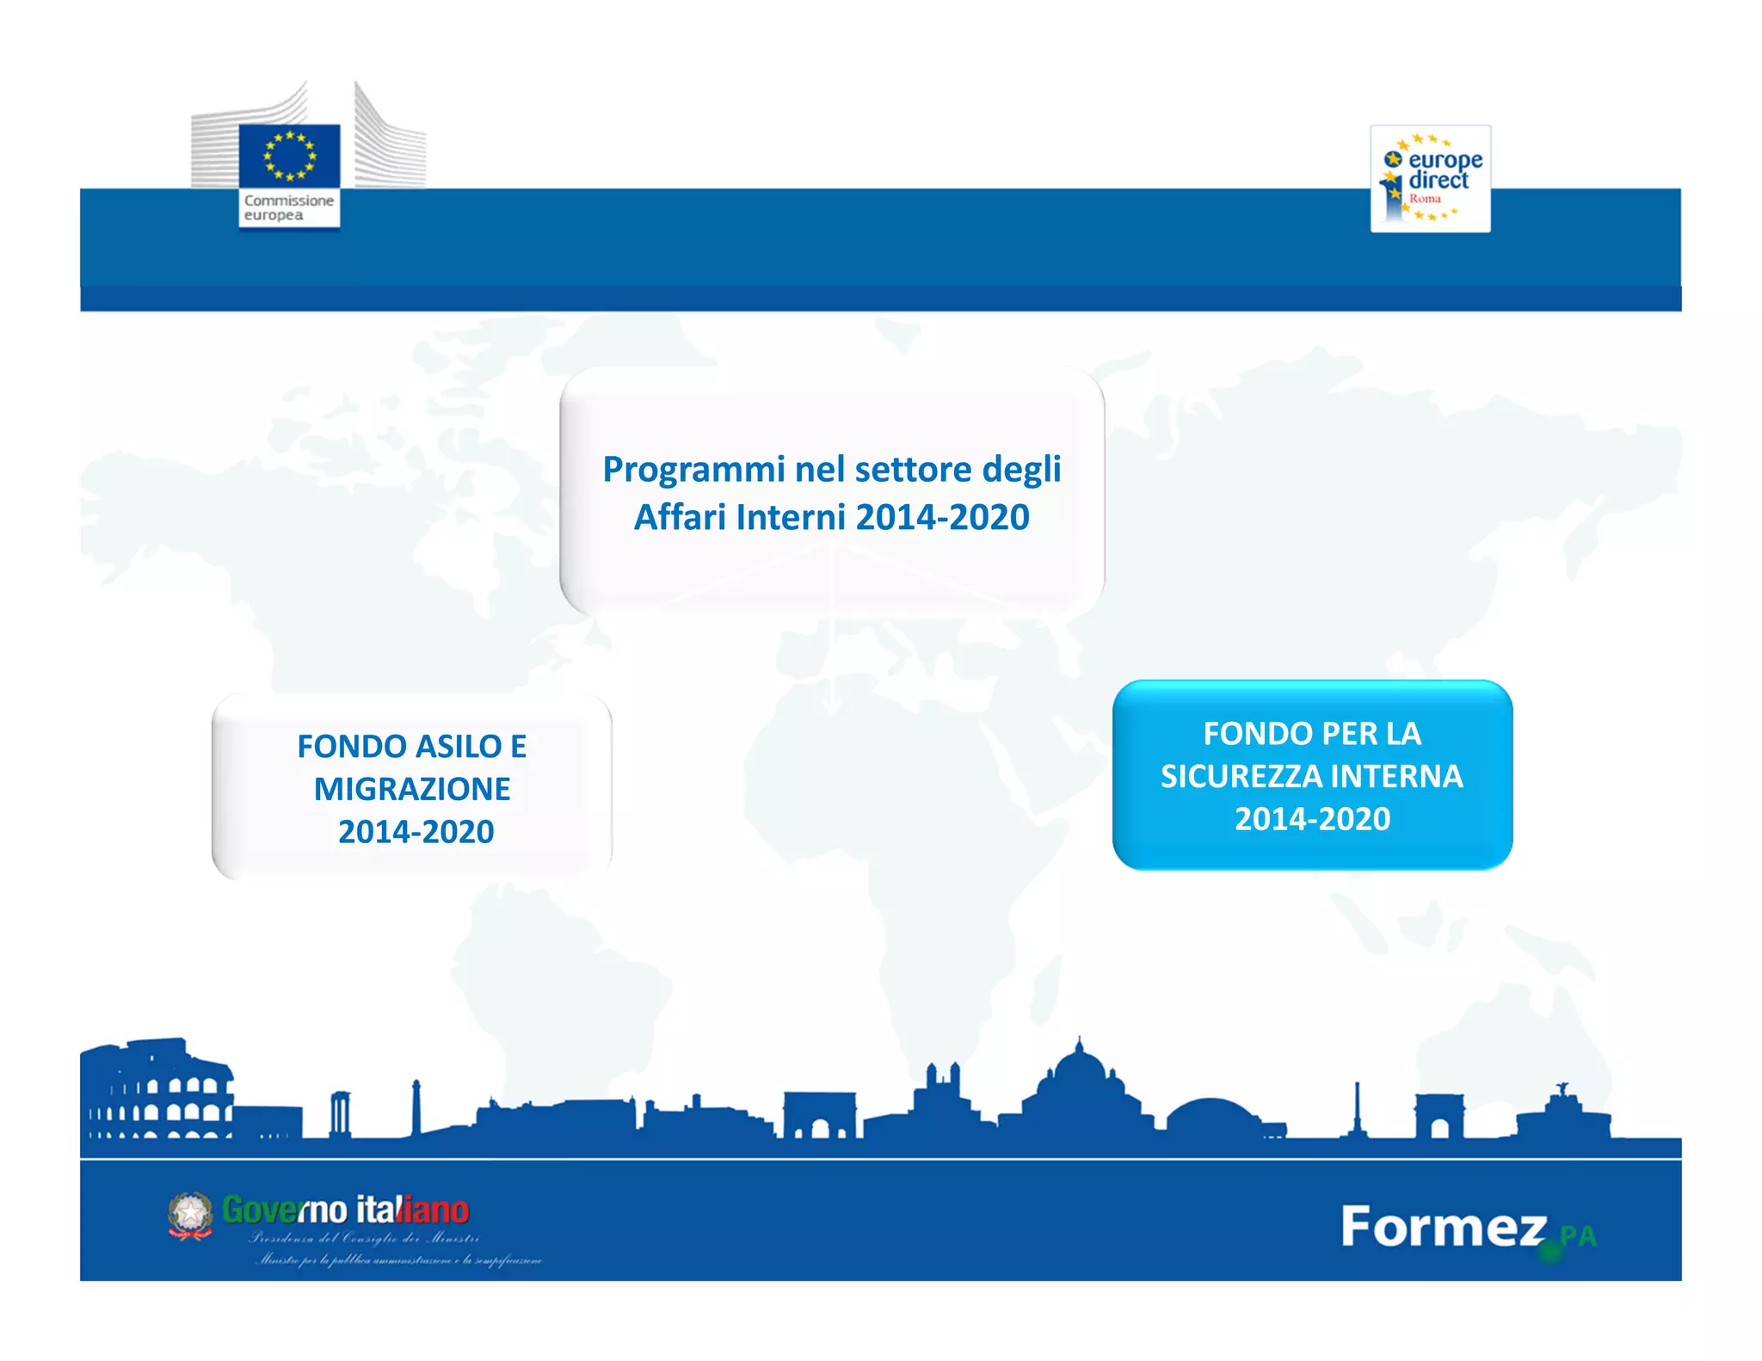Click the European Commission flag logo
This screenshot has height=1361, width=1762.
pyautogui.click(x=289, y=156)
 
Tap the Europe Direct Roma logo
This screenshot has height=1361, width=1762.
pyautogui.click(x=1430, y=179)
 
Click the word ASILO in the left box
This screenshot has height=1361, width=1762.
pyautogui.click(x=461, y=747)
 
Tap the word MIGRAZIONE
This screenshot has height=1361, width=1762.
pyautogui.click(x=412, y=789)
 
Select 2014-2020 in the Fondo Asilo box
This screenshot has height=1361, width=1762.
pyautogui.click(x=416, y=832)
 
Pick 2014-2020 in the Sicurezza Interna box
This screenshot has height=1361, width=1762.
pyautogui.click(x=1312, y=819)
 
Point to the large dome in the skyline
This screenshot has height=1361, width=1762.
pyautogui.click(x=1080, y=1075)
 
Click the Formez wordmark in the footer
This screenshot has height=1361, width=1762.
pyautogui.click(x=1444, y=1227)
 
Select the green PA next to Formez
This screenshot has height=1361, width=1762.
pyautogui.click(x=1578, y=1236)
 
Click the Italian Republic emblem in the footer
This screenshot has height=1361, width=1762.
pyautogui.click(x=190, y=1215)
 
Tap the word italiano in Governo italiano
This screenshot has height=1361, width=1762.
pyautogui.click(x=413, y=1210)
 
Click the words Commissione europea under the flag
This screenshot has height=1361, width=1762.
pyautogui.click(x=288, y=207)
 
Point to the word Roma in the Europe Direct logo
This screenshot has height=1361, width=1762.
pyautogui.click(x=1425, y=199)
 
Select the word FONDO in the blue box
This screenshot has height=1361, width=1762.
pyautogui.click(x=1246, y=734)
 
